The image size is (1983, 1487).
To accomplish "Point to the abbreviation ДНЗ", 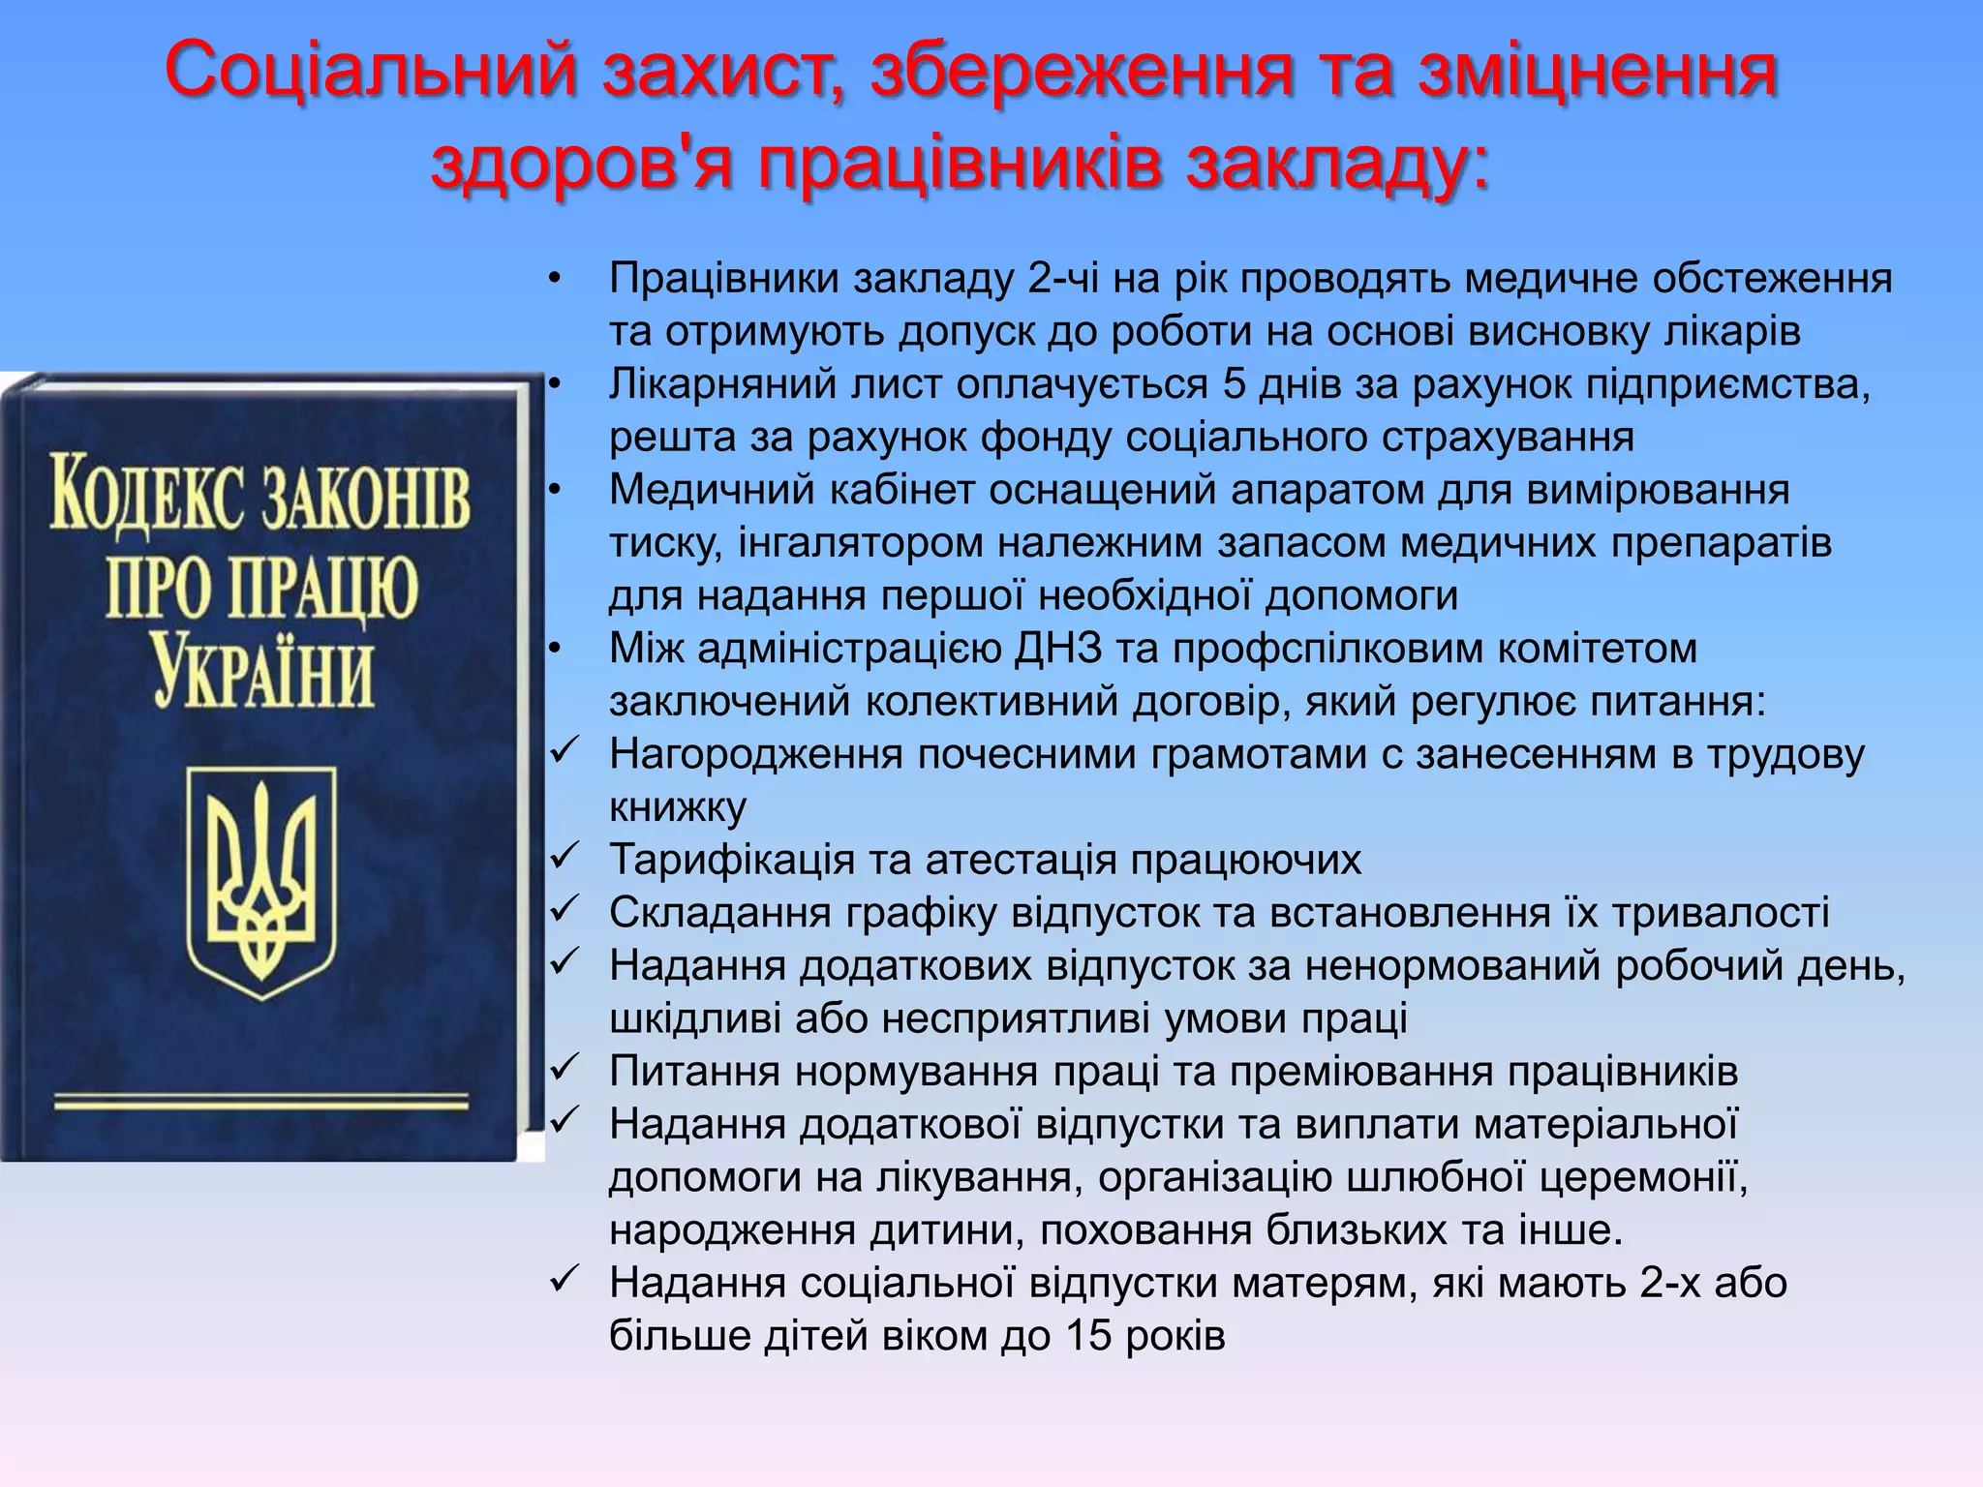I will [1058, 649].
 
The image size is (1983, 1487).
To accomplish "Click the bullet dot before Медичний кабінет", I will [554, 490].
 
